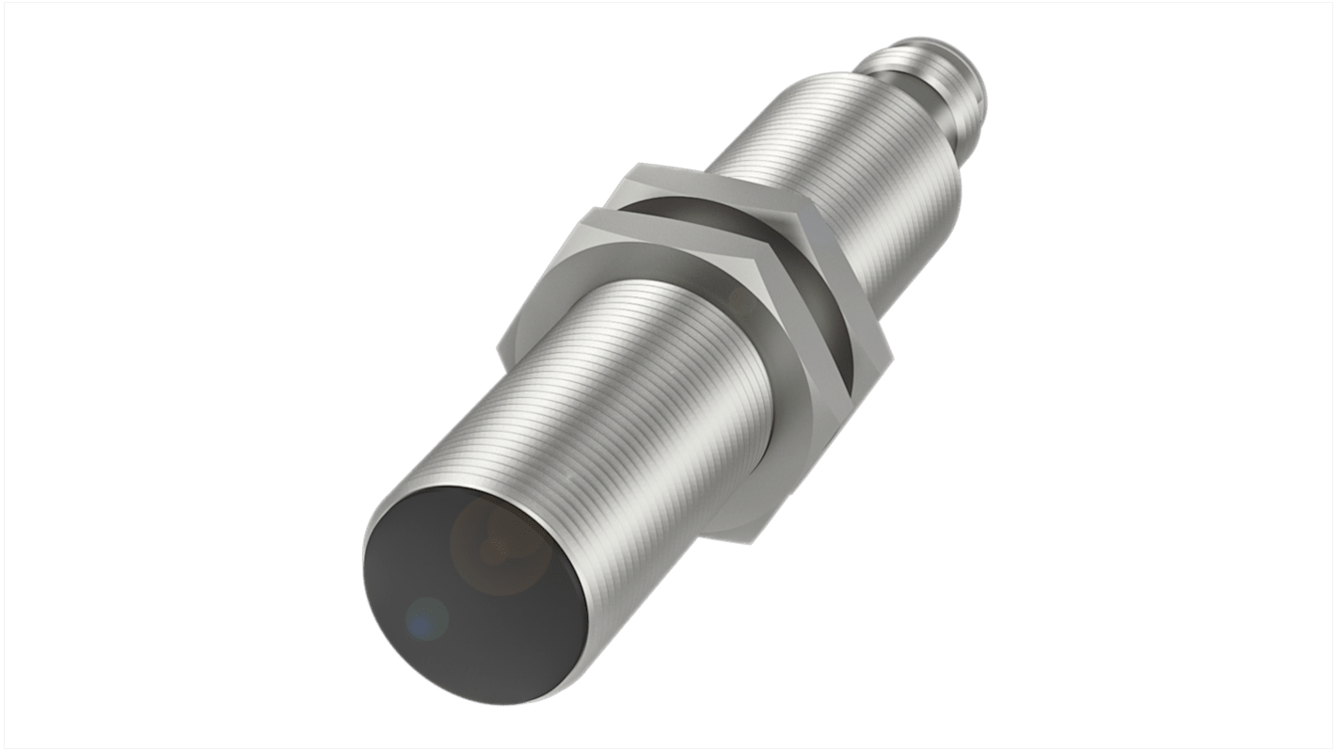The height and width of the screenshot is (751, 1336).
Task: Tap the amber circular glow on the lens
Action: [493, 545]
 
